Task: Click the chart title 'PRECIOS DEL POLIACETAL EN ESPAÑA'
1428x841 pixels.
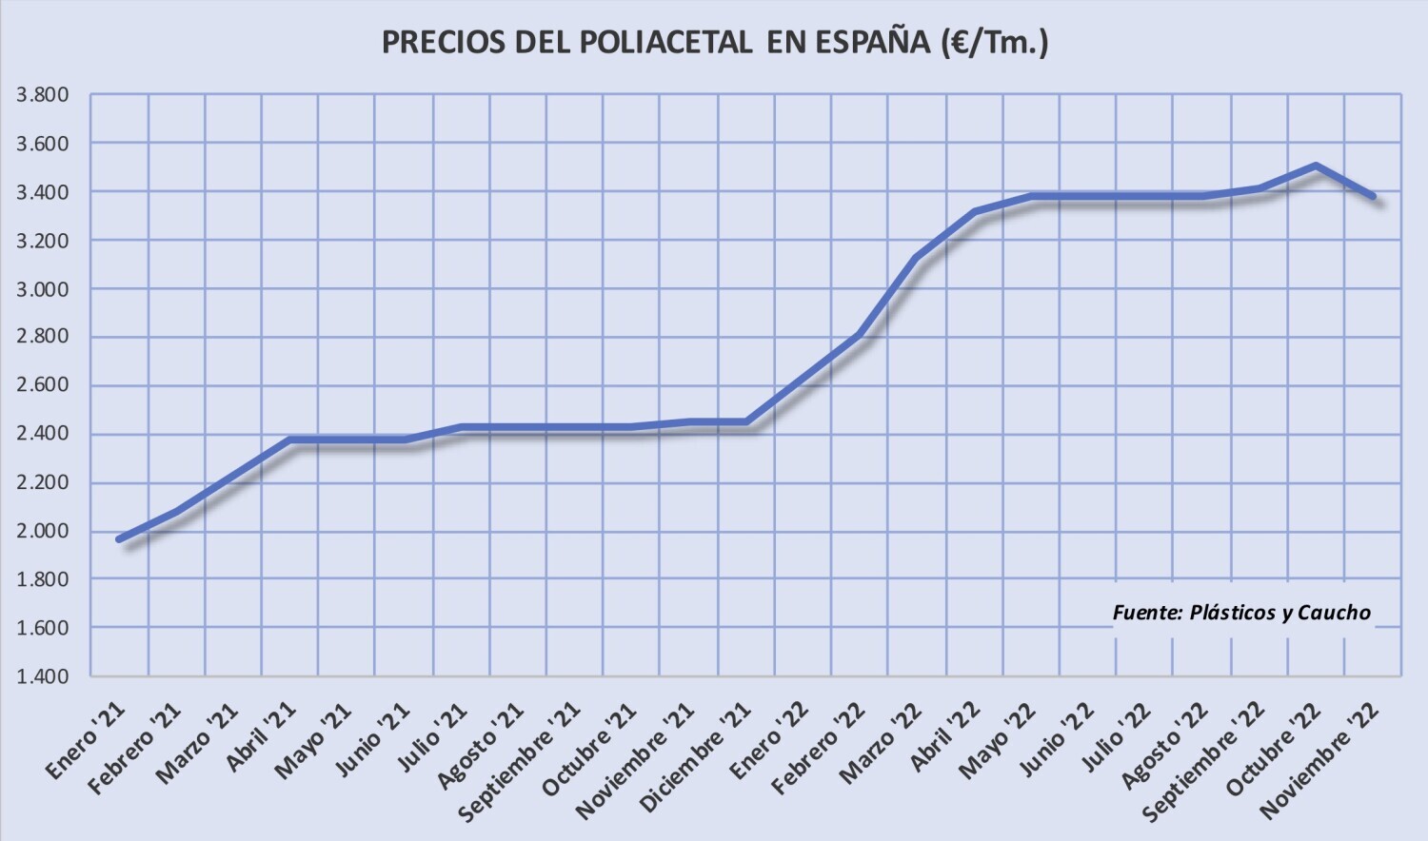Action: point(714,43)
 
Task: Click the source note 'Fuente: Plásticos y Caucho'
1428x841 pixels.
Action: point(1241,613)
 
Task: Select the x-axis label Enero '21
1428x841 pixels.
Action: point(85,739)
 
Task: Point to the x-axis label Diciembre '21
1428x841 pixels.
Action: point(697,757)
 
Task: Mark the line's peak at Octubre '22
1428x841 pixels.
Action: point(1316,166)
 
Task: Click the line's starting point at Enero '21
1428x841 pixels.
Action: point(120,539)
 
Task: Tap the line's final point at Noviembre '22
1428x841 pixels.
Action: point(1372,196)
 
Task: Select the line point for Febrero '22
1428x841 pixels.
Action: point(859,335)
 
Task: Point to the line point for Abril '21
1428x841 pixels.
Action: point(290,440)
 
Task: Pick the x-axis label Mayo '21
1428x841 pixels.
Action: point(313,741)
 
